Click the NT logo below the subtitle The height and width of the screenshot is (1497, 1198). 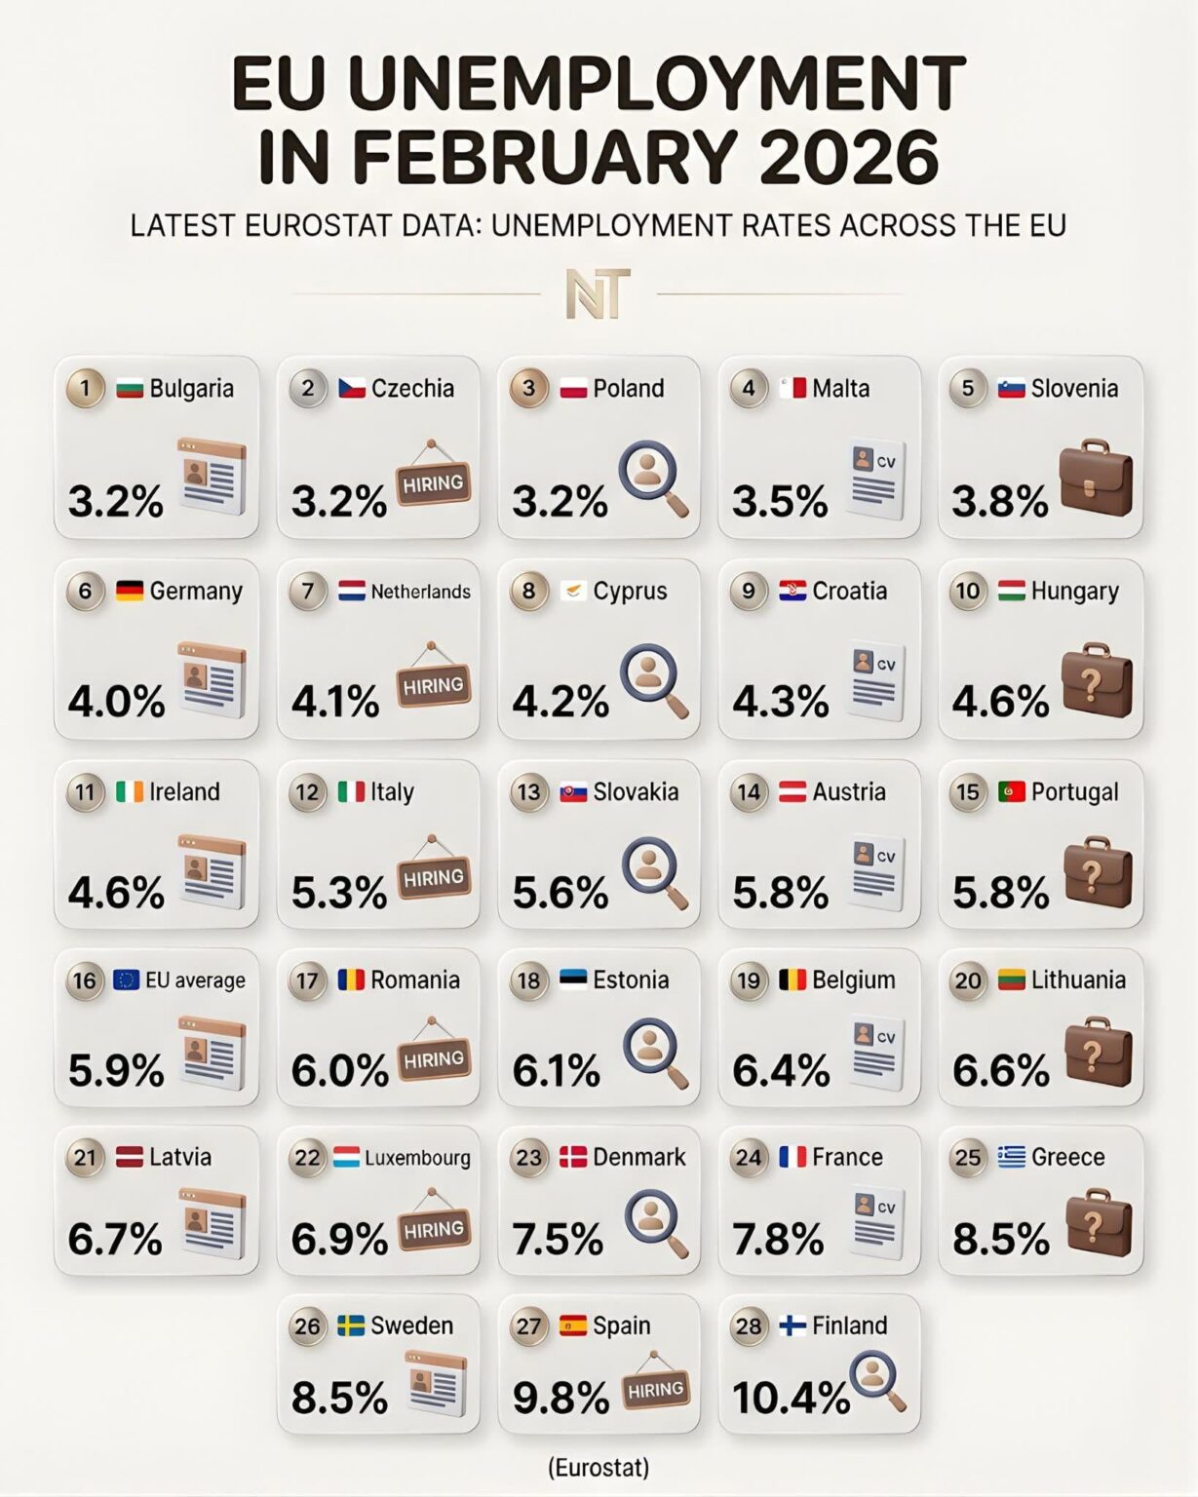click(x=598, y=293)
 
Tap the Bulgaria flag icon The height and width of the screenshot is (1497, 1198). click(x=130, y=388)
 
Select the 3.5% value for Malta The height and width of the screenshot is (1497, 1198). click(x=780, y=501)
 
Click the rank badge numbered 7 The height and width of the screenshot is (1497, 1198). click(x=308, y=591)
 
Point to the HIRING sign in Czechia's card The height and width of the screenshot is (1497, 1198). click(x=433, y=481)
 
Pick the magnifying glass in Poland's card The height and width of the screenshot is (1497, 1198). click(x=653, y=478)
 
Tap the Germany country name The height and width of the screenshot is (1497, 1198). click(x=196, y=591)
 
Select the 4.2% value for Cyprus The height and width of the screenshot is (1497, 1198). click(x=560, y=701)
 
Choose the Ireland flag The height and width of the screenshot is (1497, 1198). click(x=130, y=791)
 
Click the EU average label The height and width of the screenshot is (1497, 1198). click(x=195, y=980)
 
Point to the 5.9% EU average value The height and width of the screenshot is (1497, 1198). click(x=116, y=1071)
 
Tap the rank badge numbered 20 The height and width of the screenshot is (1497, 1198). click(x=968, y=980)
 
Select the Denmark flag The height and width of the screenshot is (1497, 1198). click(x=573, y=1157)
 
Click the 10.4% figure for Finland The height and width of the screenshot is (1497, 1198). click(x=791, y=1398)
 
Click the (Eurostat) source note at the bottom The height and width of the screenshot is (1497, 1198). click(x=599, y=1467)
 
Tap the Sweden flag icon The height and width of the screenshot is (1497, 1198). click(x=351, y=1325)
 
